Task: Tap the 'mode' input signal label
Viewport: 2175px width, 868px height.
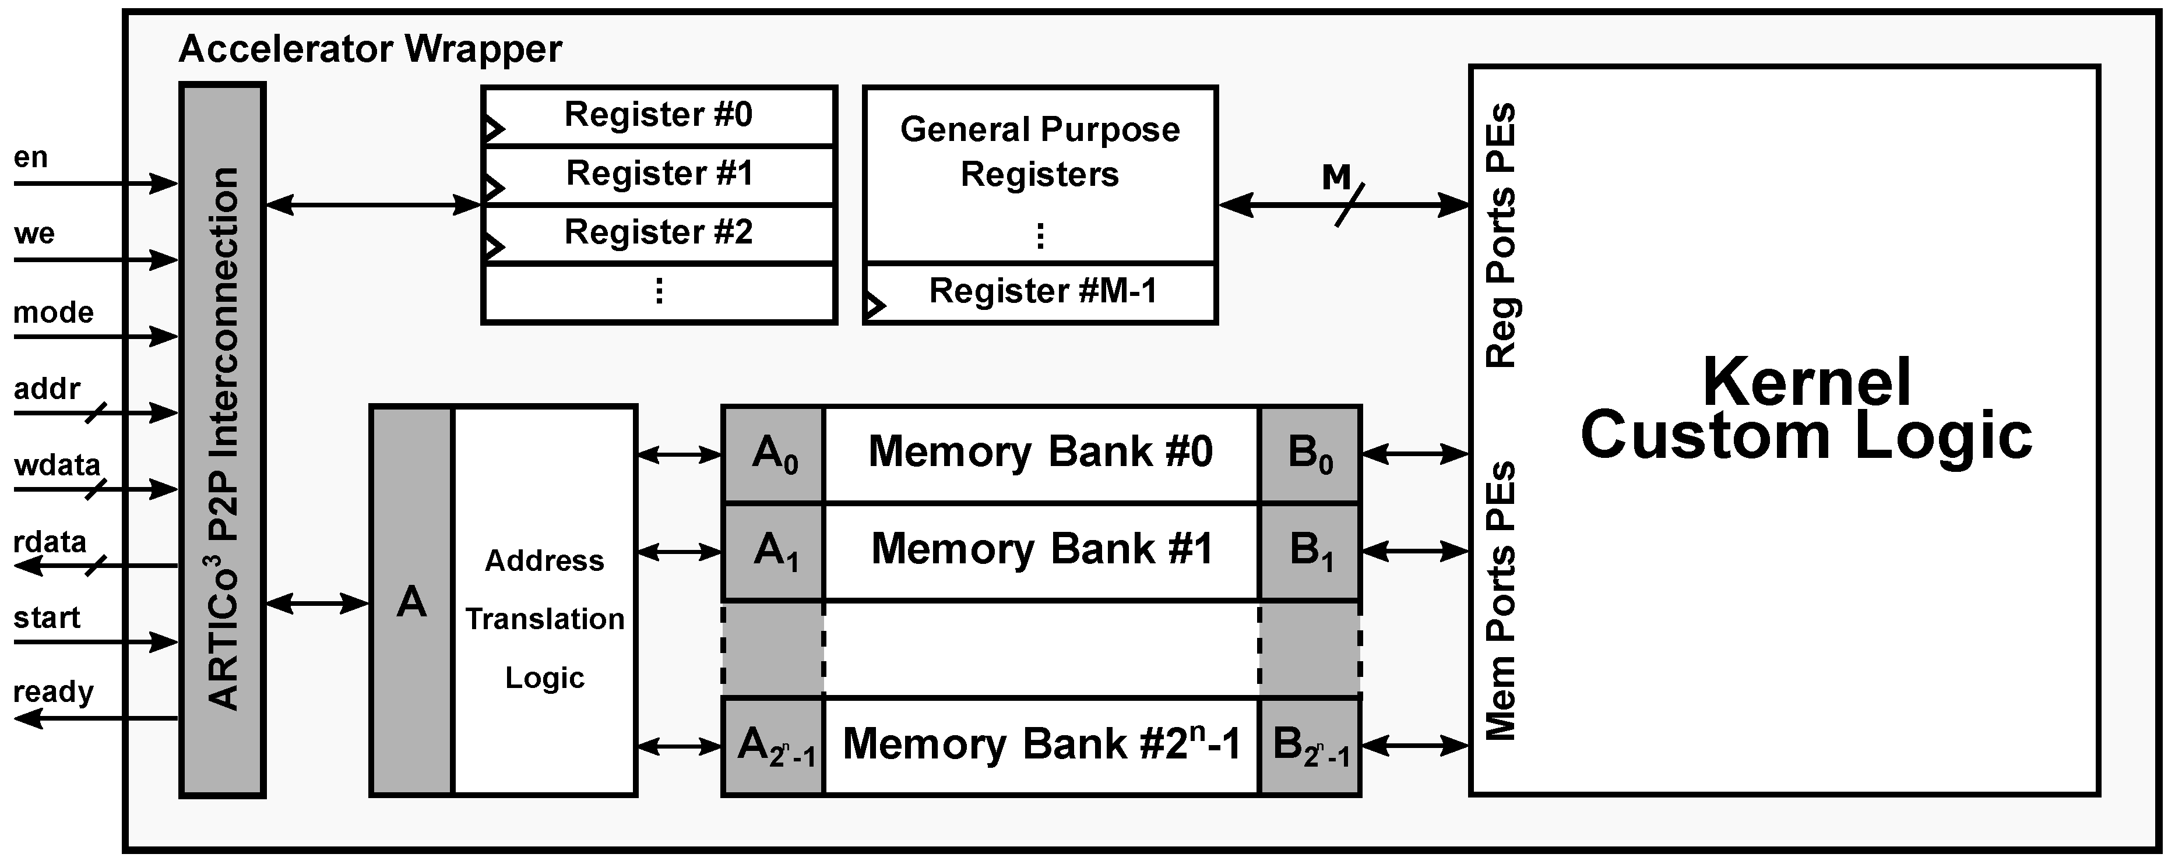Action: [x=53, y=312]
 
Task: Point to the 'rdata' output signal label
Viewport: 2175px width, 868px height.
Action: [x=50, y=541]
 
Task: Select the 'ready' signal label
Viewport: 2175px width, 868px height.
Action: [x=53, y=691]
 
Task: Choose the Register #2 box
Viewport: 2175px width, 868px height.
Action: [x=659, y=233]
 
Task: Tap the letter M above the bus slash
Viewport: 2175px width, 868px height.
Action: [x=1336, y=177]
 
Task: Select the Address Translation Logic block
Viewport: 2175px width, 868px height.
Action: [x=544, y=619]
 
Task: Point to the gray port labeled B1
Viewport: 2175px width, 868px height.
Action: [x=1310, y=551]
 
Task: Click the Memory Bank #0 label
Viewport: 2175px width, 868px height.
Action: [x=1040, y=451]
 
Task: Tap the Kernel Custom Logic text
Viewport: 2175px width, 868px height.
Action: [x=1807, y=410]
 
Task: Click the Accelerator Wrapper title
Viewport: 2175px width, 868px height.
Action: [x=370, y=49]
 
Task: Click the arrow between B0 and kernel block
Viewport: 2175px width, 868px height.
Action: [x=1415, y=454]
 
